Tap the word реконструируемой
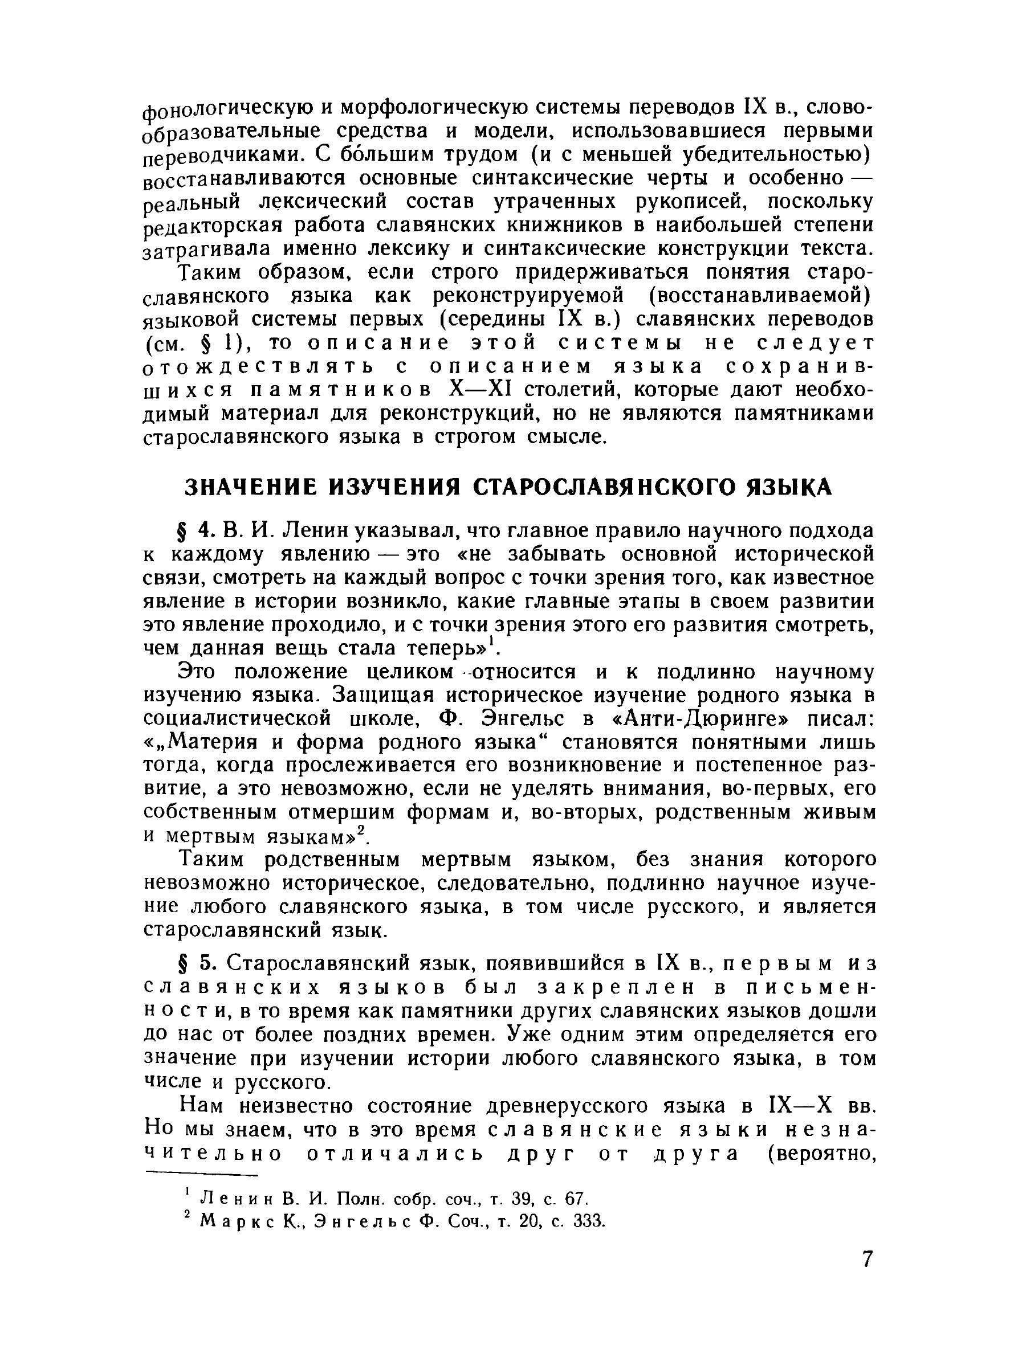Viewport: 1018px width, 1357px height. point(528,296)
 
